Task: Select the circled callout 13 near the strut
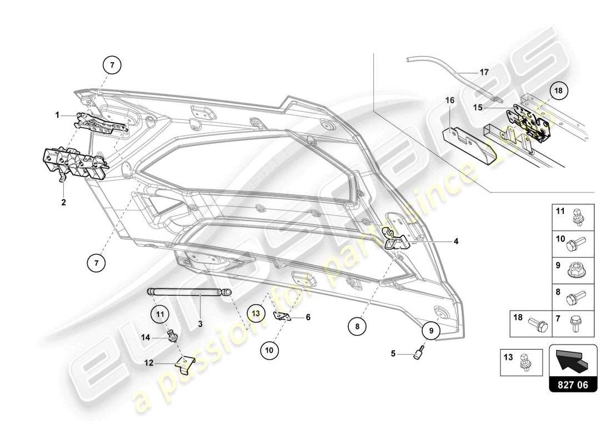click(x=255, y=313)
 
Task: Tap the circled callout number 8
click(x=358, y=327)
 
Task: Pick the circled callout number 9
click(x=430, y=331)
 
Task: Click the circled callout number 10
click(x=269, y=350)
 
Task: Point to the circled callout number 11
click(x=160, y=314)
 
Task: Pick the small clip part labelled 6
click(x=282, y=316)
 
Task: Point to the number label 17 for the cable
click(x=484, y=72)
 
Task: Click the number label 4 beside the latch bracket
click(x=455, y=241)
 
